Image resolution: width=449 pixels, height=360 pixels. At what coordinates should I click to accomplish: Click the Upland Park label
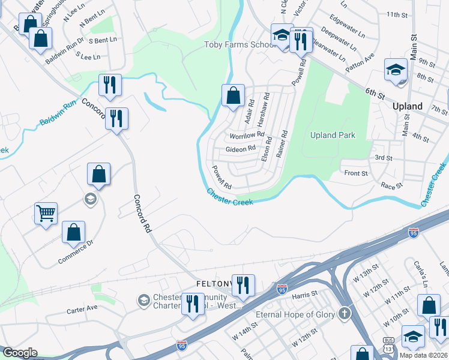[x=333, y=135]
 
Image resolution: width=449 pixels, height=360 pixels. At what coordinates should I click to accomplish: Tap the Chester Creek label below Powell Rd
[x=230, y=197]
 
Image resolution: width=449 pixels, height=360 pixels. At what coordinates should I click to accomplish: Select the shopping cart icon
[x=46, y=213]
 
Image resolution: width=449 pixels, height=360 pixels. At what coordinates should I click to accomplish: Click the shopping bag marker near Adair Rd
[x=233, y=95]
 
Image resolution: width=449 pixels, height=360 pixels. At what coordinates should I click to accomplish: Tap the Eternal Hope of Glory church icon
[x=344, y=313]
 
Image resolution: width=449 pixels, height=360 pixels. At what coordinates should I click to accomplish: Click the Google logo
[x=20, y=353]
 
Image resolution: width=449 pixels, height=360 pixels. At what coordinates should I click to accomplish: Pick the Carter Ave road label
[x=82, y=308]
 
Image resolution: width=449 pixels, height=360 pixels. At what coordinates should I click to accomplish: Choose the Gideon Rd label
[x=241, y=148]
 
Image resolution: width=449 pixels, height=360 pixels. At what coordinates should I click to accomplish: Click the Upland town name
[x=407, y=106]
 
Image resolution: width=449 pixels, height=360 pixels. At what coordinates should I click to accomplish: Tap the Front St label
[x=356, y=173]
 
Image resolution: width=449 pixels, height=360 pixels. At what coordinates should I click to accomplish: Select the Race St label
[x=391, y=186]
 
